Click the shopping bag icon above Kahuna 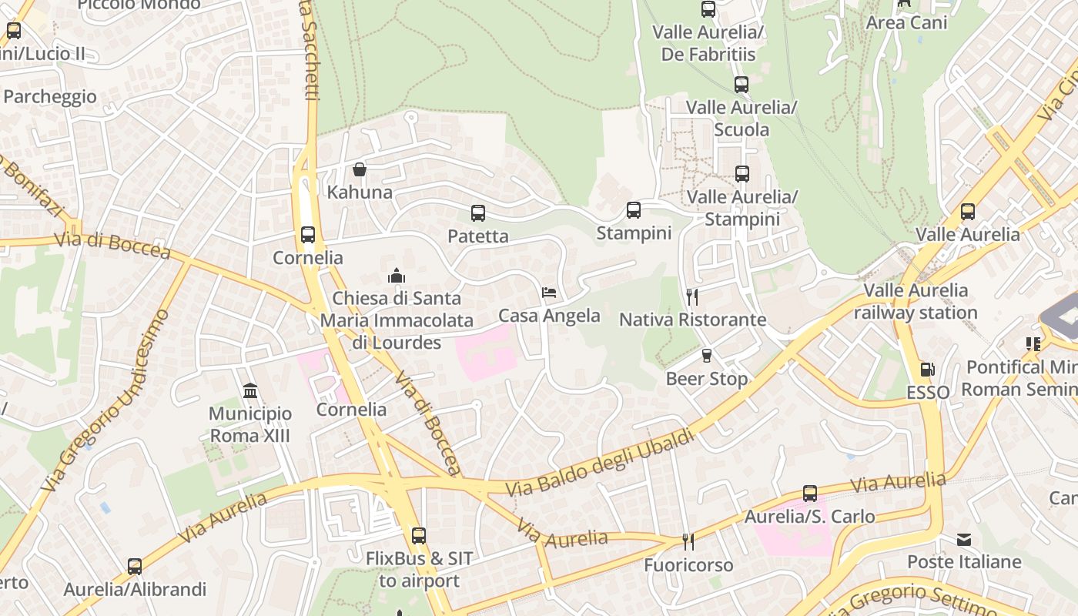[x=360, y=169]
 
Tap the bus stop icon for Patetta [x=478, y=213]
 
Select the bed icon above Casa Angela [x=549, y=293]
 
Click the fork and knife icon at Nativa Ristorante [x=691, y=296]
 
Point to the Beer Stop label [x=706, y=379]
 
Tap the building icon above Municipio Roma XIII [x=250, y=391]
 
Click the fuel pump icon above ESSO [x=928, y=370]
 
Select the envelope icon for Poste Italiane [x=964, y=540]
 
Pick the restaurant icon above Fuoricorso [x=688, y=542]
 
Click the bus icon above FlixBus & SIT [x=419, y=536]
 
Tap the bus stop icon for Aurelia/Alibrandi [x=135, y=567]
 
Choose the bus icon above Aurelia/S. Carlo [x=810, y=494]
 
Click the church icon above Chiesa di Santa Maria [x=397, y=276]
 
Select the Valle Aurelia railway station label [x=916, y=301]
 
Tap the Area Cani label [x=906, y=22]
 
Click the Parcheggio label [x=50, y=96]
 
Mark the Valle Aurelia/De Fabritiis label [x=708, y=43]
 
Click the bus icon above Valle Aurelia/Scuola [x=742, y=85]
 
